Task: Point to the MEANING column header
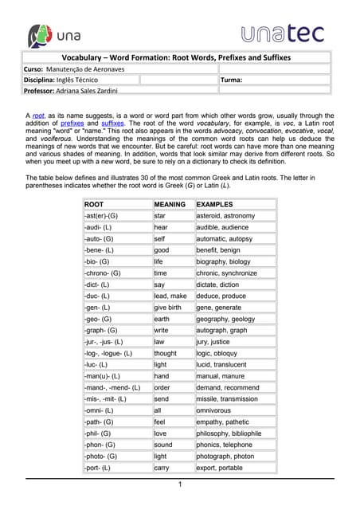click(169, 205)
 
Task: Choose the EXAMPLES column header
click(214, 205)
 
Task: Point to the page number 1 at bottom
click(180, 484)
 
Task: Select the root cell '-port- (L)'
click(99, 468)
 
